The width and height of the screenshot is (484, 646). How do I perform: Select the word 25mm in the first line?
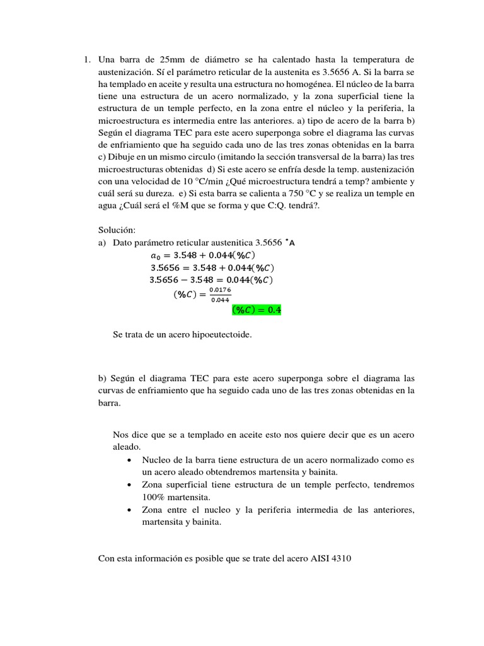156,60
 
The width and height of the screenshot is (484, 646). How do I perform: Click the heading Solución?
117,230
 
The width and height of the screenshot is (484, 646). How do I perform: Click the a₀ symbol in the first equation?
156,255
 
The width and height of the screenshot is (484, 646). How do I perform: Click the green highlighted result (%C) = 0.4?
256,310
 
